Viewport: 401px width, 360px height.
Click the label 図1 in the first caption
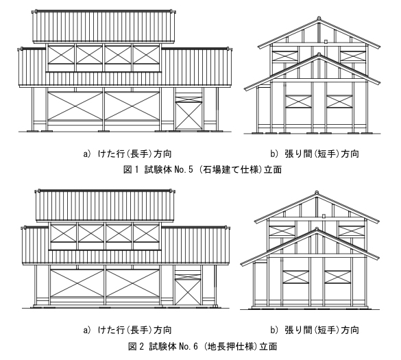131,169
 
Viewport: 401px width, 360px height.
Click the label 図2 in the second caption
135,346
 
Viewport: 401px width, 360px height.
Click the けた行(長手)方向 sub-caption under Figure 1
135,154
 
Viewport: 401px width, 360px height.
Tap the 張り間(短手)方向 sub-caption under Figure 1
321,154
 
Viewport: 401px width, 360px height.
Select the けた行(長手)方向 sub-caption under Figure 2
135,330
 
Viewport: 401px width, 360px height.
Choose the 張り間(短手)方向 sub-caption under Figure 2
321,330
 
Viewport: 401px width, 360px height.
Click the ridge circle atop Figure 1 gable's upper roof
319,18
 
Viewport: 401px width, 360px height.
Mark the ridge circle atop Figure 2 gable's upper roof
317,193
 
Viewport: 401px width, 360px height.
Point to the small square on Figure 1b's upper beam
326,41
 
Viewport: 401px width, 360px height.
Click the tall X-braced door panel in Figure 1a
189,116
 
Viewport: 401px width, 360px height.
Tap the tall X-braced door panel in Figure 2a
188,291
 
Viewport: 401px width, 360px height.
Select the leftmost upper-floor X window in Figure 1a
61,55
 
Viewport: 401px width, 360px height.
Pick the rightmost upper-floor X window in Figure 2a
146,233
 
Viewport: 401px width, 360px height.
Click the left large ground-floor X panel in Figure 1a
75,106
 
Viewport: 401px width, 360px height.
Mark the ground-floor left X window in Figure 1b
298,101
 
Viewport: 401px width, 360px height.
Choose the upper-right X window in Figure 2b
351,231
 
